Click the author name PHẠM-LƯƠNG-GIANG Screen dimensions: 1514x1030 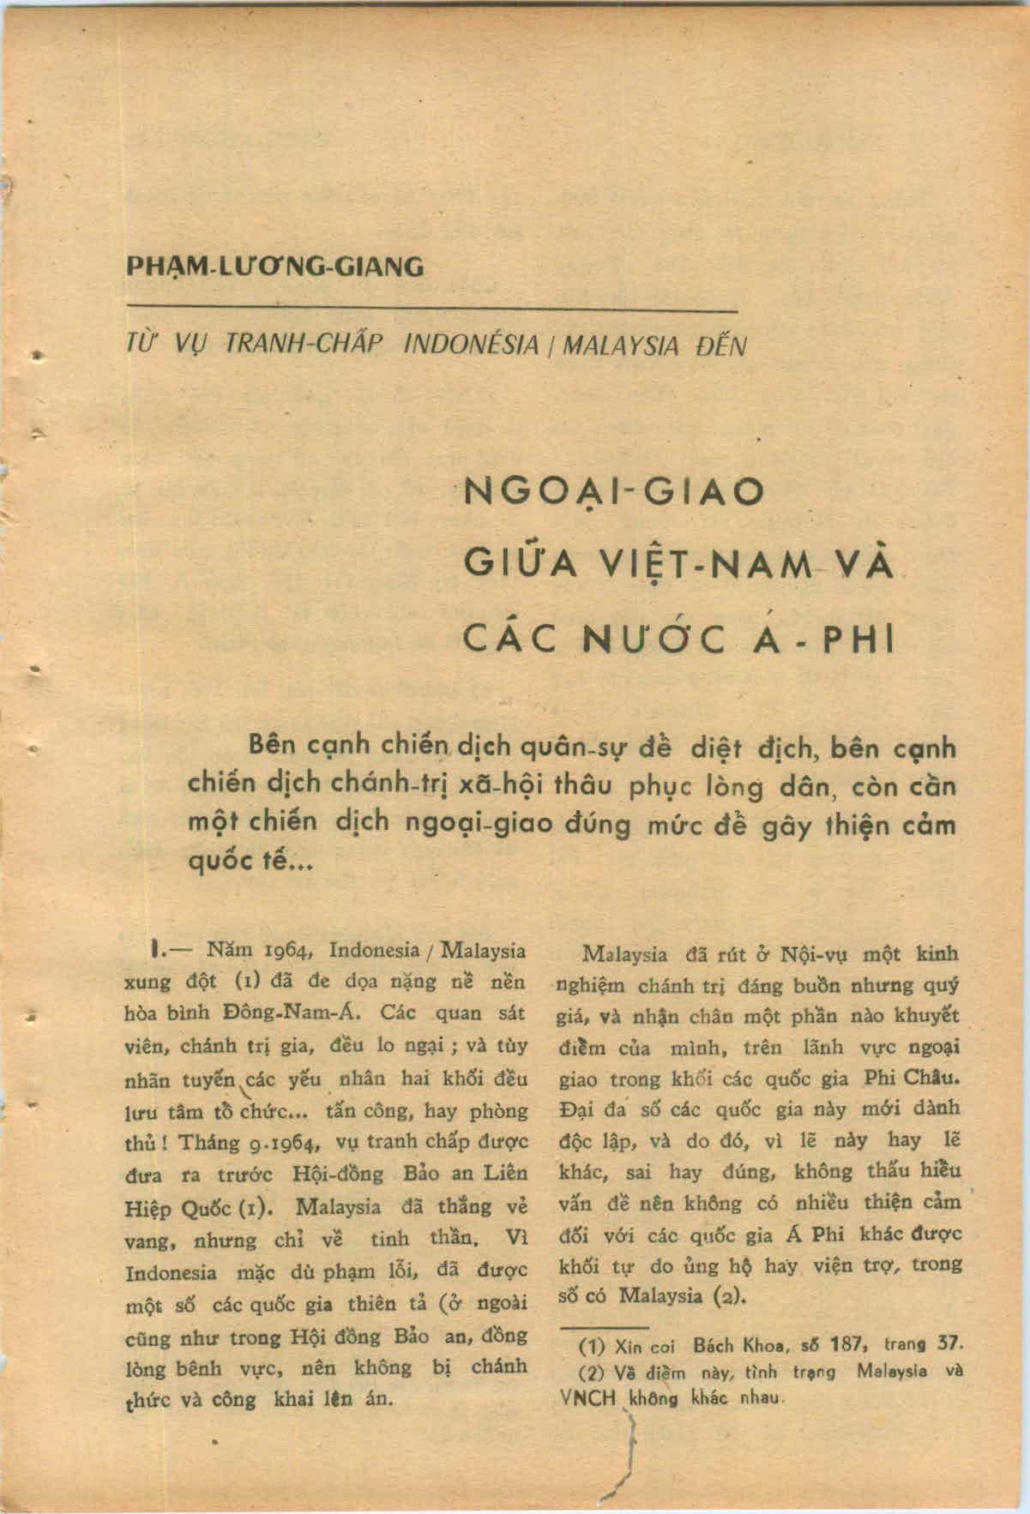point(274,267)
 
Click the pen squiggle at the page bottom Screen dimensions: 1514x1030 point(629,1457)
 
